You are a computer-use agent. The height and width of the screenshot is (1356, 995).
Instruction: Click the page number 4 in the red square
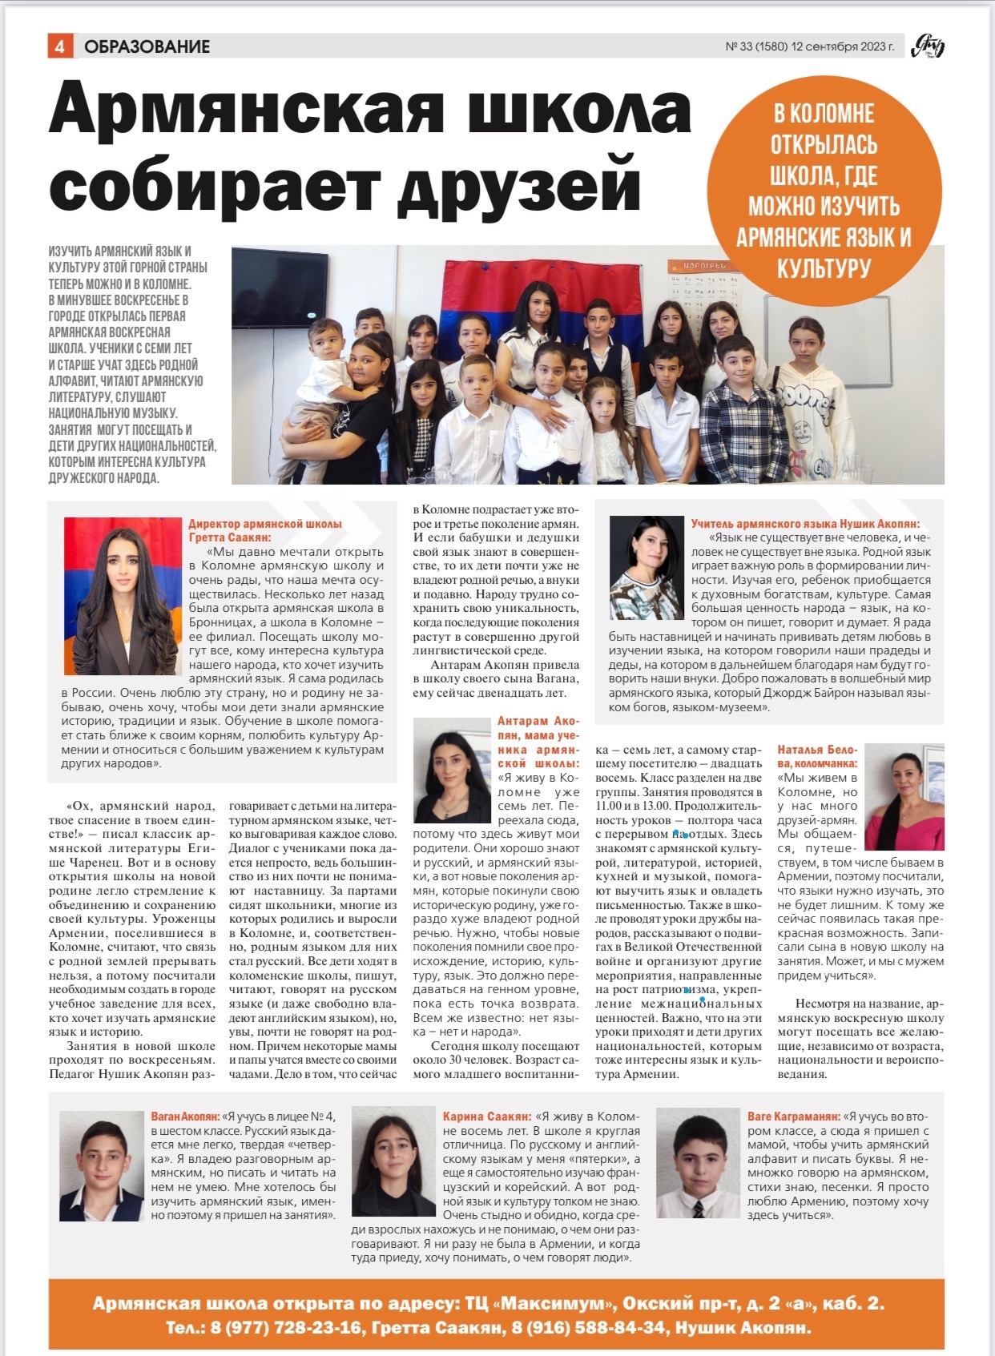pos(60,46)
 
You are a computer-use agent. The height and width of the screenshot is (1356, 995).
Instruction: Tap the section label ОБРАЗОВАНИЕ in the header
pos(147,46)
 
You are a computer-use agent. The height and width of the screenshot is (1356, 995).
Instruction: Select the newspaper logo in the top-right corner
pos(928,46)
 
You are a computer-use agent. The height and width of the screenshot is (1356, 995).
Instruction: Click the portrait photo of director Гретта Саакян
pos(123,595)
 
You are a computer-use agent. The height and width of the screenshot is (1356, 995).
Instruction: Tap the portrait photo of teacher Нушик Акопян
pos(646,567)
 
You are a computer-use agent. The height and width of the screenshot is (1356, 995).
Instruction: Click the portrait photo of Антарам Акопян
pos(451,770)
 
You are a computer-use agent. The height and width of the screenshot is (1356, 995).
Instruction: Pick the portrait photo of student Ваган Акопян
pos(101,1165)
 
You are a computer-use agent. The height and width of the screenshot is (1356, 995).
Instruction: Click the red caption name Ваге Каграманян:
pos(793,1117)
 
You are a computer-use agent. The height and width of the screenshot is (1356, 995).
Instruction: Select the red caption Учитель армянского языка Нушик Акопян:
pos(805,524)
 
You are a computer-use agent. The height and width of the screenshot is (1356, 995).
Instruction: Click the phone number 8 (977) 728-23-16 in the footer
pos(286,1328)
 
